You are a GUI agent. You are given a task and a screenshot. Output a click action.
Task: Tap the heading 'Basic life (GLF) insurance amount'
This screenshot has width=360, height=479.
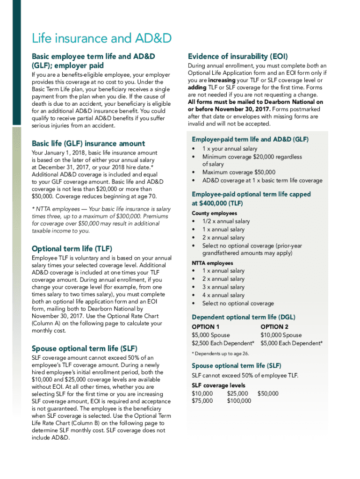click(x=88, y=143)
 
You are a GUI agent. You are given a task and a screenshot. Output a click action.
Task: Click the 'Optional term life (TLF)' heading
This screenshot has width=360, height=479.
click(x=72, y=248)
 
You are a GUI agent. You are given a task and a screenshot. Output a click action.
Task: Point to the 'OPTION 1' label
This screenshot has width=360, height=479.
click(x=206, y=327)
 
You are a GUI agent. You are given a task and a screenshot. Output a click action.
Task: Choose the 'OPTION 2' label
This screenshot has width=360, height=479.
click(x=274, y=327)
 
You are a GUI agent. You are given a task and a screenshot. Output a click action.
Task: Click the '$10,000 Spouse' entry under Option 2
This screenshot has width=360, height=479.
click(x=281, y=335)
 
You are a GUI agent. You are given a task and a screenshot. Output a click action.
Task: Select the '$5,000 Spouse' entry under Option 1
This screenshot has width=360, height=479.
click(x=211, y=335)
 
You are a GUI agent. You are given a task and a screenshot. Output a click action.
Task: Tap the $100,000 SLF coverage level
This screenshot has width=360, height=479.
click(x=239, y=400)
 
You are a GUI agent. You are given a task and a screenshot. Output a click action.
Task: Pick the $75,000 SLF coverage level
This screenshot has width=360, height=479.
click(x=202, y=400)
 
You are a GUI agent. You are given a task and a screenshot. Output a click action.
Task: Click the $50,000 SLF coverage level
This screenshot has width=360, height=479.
click(x=268, y=393)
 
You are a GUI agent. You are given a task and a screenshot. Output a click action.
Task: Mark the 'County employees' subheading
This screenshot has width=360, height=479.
click(x=214, y=213)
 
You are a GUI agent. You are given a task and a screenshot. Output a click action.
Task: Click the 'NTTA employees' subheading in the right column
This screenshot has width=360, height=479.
click(x=212, y=263)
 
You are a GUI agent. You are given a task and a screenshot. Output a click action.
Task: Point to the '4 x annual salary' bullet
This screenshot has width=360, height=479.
click(x=223, y=295)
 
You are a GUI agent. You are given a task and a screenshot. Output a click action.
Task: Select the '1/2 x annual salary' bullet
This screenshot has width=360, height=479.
click(x=226, y=221)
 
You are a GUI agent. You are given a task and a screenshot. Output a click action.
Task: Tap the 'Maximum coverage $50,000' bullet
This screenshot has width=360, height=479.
click(x=238, y=172)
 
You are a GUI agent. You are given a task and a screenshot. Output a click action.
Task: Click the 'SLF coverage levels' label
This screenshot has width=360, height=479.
click(x=218, y=385)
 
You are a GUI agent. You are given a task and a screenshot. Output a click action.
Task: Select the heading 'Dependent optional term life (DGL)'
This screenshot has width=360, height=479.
click(x=243, y=317)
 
